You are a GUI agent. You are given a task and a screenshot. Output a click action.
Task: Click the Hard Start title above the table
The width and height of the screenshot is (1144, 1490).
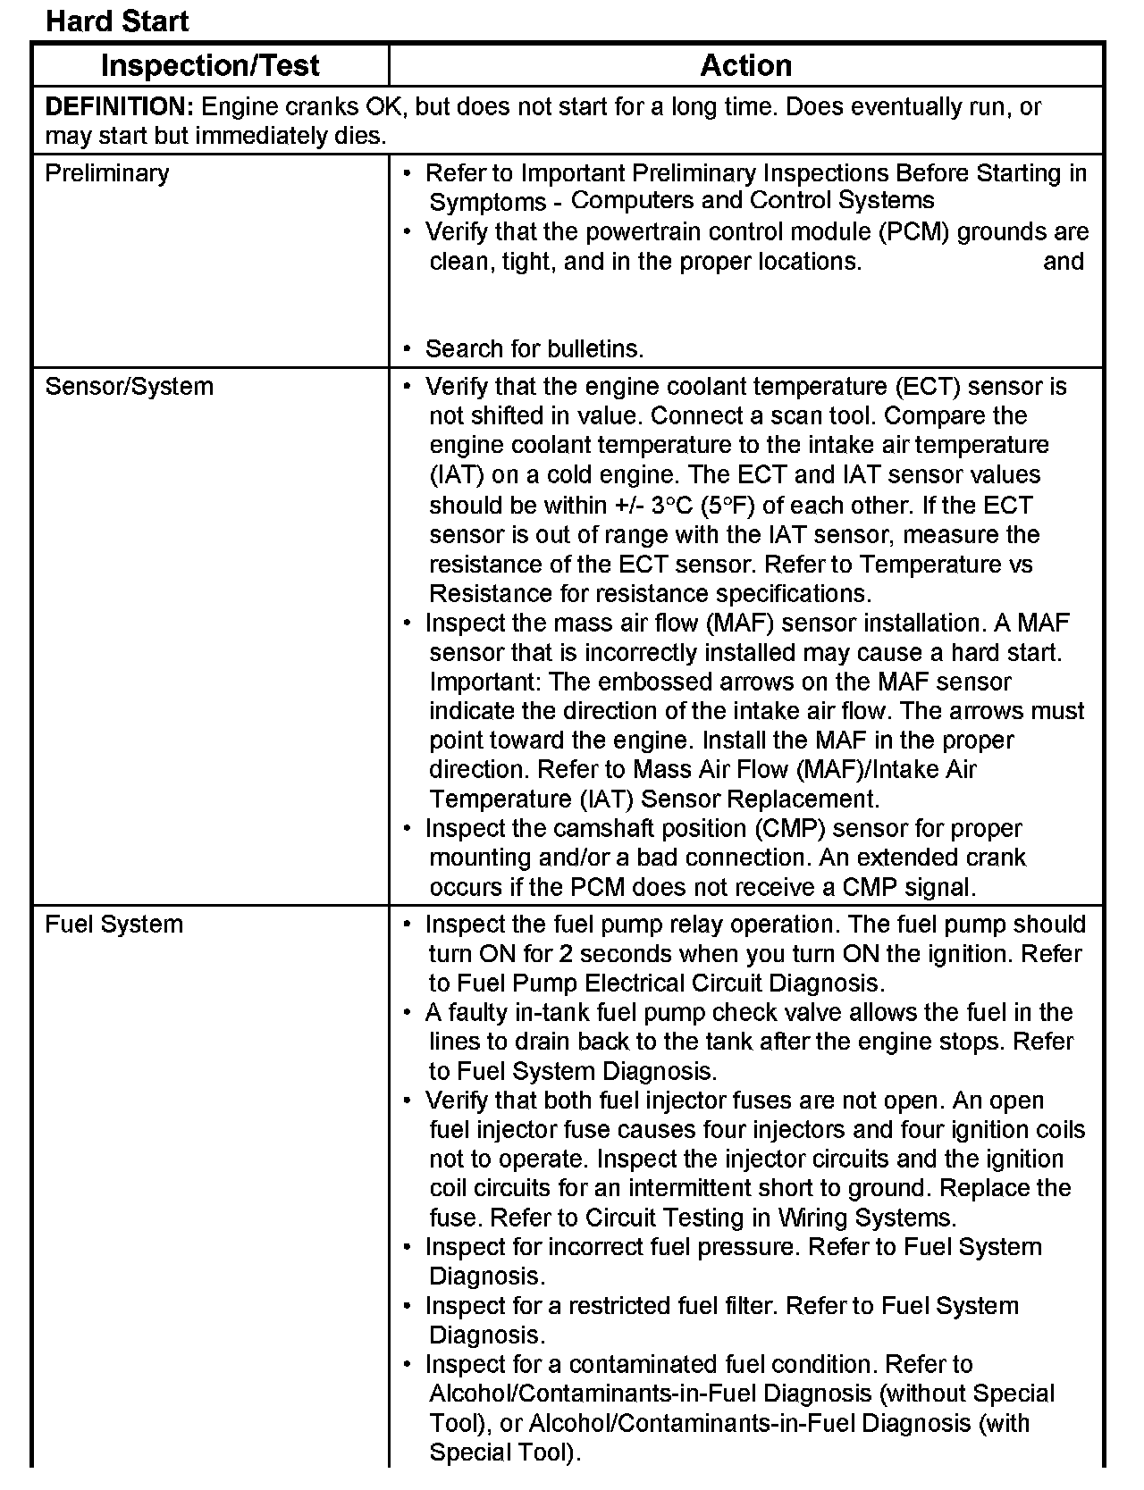click(117, 21)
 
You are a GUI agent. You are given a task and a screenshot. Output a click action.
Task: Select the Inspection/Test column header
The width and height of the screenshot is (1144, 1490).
click(210, 65)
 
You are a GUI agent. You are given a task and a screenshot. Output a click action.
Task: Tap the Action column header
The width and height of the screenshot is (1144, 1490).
click(745, 65)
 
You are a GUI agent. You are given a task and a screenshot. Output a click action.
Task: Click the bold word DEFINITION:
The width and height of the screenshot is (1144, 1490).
click(119, 107)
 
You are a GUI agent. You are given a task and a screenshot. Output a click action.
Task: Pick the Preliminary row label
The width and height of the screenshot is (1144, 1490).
click(106, 172)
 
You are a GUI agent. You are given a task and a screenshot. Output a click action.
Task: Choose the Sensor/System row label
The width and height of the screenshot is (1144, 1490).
click(129, 387)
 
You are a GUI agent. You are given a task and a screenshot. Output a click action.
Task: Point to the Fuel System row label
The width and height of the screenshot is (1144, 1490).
click(114, 924)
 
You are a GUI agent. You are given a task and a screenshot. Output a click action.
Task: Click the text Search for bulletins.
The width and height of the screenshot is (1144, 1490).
click(534, 348)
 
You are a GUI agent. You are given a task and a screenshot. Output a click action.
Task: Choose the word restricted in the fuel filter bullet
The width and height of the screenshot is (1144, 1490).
click(619, 1306)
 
